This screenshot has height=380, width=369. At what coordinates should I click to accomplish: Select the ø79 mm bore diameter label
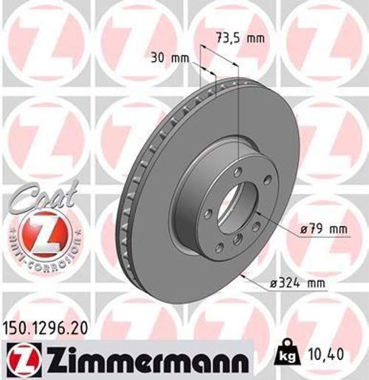coord(322,229)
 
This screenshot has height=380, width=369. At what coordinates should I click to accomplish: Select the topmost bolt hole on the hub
coord(235,172)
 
